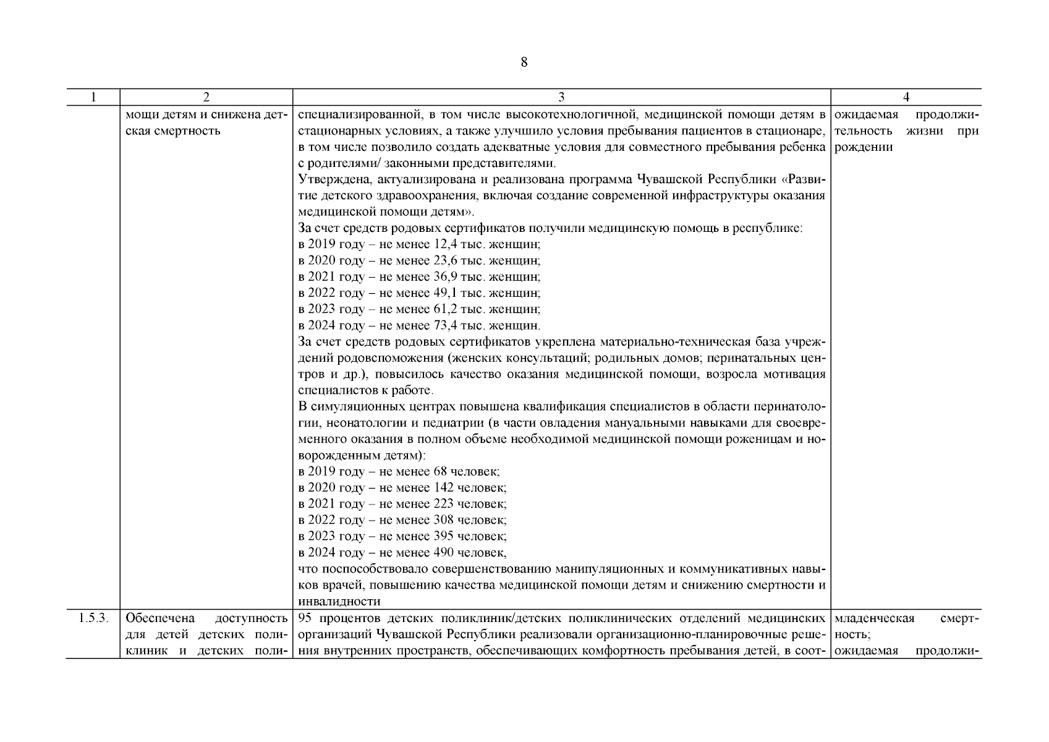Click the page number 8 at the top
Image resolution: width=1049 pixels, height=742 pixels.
pos(524,62)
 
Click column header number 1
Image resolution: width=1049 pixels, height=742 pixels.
pos(93,97)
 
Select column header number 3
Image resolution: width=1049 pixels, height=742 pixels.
pos(561,97)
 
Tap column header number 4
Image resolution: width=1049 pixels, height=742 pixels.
pos(906,97)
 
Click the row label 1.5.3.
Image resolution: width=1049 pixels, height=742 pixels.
pos(93,618)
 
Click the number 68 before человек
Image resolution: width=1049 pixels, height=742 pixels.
pos(440,472)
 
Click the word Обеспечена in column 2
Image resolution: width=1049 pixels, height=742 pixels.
pos(159,618)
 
